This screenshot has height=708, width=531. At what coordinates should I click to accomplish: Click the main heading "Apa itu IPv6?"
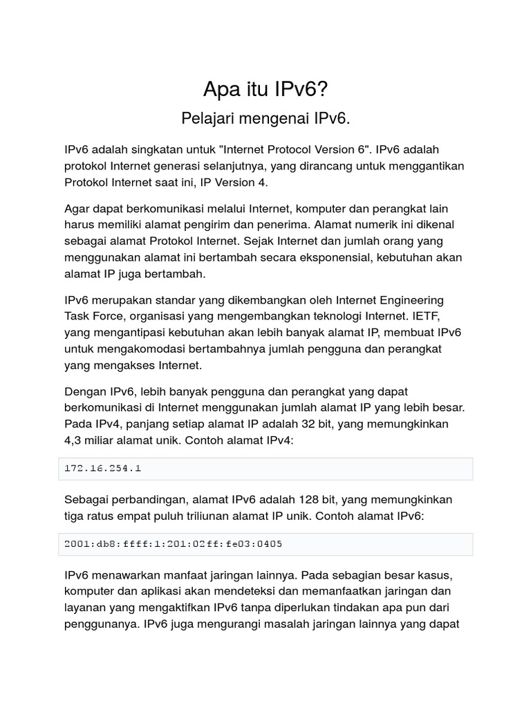[x=265, y=88]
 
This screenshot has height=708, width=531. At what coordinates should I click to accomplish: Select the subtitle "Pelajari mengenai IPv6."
[x=265, y=118]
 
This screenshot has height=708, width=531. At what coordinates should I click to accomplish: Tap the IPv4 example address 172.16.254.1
[x=103, y=468]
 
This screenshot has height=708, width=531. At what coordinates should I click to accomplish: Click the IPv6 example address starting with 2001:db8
[x=173, y=543]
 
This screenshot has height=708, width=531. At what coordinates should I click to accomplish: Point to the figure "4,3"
[x=74, y=440]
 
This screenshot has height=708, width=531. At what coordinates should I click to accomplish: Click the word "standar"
[x=160, y=300]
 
